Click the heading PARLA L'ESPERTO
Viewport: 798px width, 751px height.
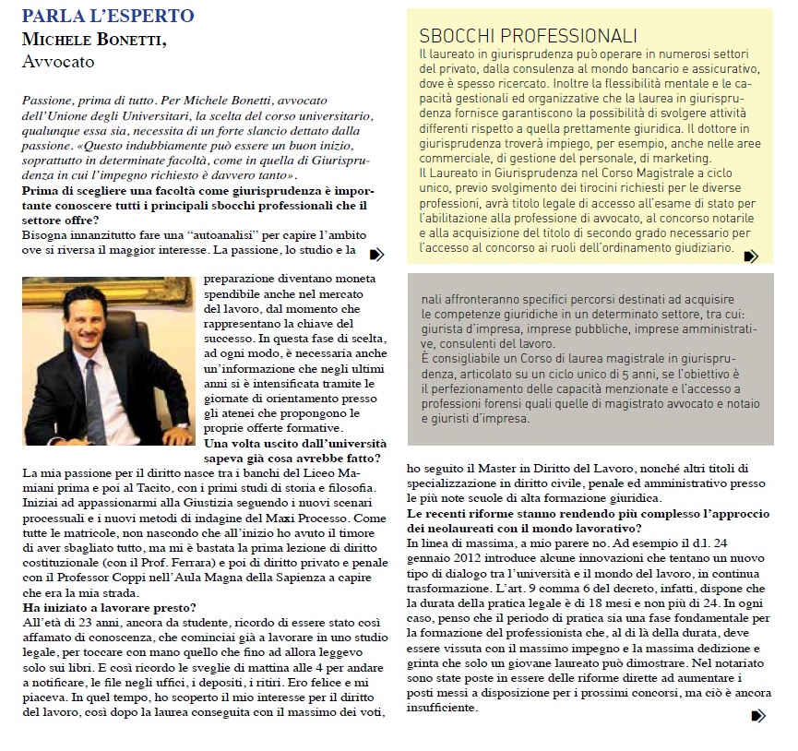[108, 17]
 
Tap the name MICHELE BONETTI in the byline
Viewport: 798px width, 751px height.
[93, 41]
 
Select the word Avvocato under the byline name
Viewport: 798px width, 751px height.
[57, 63]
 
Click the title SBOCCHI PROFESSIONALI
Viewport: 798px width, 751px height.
[528, 37]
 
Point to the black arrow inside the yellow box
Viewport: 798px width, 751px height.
[751, 256]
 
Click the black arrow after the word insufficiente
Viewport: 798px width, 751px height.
[758, 715]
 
